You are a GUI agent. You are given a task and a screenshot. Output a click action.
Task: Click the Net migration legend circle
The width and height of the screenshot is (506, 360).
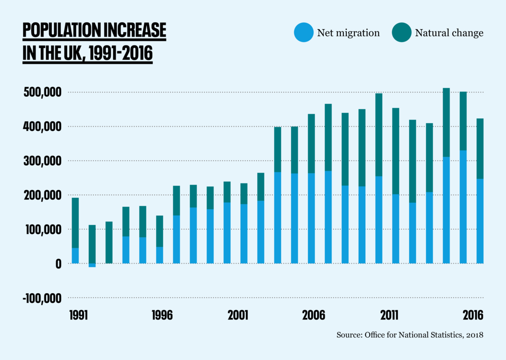click(x=303, y=33)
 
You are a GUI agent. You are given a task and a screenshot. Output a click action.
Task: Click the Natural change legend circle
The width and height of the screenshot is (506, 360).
click(x=401, y=33)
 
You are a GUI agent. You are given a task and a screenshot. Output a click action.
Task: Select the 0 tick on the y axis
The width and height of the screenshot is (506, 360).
click(x=59, y=264)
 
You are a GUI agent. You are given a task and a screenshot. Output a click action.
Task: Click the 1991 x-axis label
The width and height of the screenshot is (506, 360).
click(x=79, y=315)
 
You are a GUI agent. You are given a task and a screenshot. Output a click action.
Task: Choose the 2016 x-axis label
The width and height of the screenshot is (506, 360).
click(x=473, y=315)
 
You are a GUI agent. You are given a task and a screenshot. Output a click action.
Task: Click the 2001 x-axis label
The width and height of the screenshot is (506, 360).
click(x=238, y=315)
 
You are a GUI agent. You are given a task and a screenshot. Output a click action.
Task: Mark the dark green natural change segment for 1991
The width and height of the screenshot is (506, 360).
click(x=75, y=223)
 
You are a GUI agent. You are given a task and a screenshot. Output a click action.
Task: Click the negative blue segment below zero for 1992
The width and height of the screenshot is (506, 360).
click(x=92, y=266)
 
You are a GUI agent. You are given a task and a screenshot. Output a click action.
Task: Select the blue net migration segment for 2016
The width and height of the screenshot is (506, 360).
click(x=480, y=221)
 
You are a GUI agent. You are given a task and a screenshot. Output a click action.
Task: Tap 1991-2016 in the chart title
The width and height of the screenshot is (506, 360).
click(x=121, y=53)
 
